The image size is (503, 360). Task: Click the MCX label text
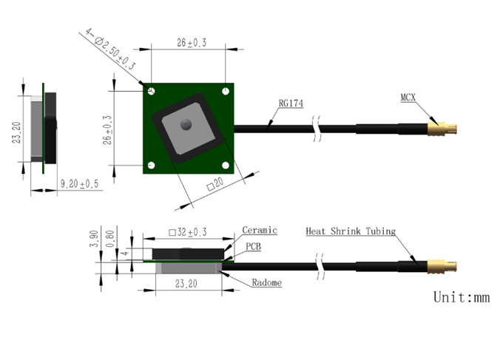(x=408, y=98)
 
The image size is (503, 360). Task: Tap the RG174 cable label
(x=291, y=103)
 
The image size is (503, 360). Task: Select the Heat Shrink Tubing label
(x=351, y=231)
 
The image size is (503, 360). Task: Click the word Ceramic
(x=260, y=230)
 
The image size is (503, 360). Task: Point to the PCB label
(x=254, y=246)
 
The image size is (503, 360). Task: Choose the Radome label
(x=266, y=282)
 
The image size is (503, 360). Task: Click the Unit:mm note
(x=462, y=297)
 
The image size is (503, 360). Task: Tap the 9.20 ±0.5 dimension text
(x=80, y=184)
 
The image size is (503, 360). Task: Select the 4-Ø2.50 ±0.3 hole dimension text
(x=110, y=49)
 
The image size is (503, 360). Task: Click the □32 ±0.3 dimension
(x=188, y=232)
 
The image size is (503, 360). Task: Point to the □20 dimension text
(x=215, y=185)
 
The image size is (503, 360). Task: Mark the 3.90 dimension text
(x=94, y=239)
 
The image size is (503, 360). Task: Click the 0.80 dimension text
(x=109, y=239)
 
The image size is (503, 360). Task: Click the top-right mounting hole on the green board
(x=226, y=92)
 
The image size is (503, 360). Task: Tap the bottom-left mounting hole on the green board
(x=152, y=166)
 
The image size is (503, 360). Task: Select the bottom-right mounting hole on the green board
(x=226, y=166)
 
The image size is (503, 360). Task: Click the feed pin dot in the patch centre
(x=186, y=124)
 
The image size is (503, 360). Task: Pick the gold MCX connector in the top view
(x=442, y=129)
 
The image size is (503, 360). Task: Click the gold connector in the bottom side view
(x=442, y=267)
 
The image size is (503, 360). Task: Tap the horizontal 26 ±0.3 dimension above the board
(x=191, y=43)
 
